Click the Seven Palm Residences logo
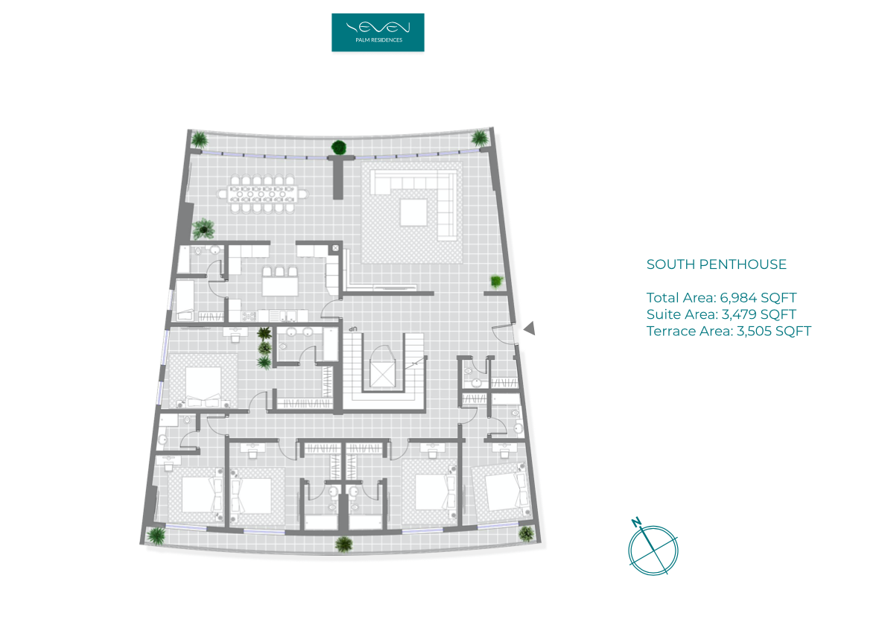click(378, 32)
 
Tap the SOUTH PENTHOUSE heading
click(716, 264)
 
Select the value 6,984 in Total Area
click(738, 298)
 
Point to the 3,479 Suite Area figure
click(739, 314)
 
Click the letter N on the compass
click(636, 522)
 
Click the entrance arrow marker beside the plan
click(529, 328)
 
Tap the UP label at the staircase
click(353, 329)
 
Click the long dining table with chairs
click(262, 194)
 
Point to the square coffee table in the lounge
click(413, 212)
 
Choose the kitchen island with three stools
click(280, 282)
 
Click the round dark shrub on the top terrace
click(339, 147)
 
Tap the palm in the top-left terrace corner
click(199, 139)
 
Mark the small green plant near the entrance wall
click(496, 281)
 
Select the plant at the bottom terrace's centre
click(343, 544)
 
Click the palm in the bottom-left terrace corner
click(156, 535)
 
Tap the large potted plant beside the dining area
click(203, 229)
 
